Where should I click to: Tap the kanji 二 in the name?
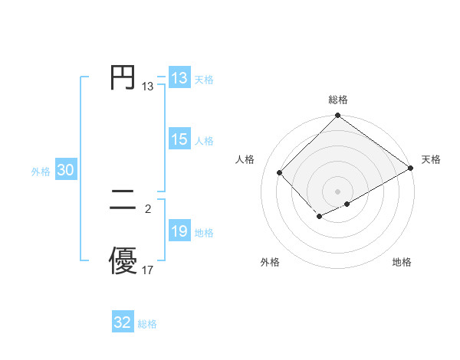click(x=123, y=202)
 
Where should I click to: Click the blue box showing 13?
click(x=179, y=78)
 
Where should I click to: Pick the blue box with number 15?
click(x=179, y=139)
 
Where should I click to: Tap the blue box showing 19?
click(x=179, y=231)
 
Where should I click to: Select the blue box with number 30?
click(x=65, y=171)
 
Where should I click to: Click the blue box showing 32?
click(x=123, y=322)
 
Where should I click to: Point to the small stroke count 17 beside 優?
click(x=148, y=270)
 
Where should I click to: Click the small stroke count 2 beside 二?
click(x=148, y=208)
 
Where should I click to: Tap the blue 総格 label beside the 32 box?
click(x=147, y=324)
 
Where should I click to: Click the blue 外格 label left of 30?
click(x=41, y=172)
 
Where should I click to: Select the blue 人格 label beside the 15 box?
click(x=204, y=141)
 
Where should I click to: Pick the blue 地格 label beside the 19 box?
click(x=204, y=233)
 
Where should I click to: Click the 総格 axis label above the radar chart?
click(x=338, y=100)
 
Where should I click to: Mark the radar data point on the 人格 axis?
click(x=280, y=172)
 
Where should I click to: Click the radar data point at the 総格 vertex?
click(x=338, y=116)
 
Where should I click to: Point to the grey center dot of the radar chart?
click(x=338, y=191)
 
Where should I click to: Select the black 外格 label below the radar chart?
click(x=270, y=263)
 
